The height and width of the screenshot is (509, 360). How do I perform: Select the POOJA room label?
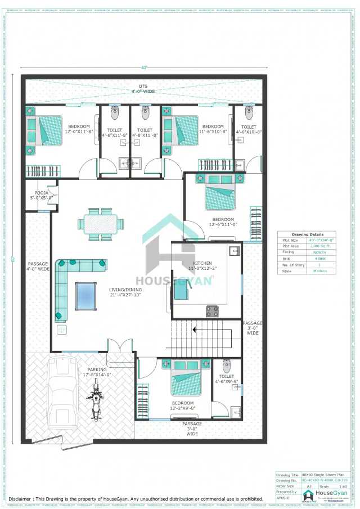coord(41,195)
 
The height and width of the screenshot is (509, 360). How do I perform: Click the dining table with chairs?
coord(101,223)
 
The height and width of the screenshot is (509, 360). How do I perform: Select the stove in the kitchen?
coord(213,310)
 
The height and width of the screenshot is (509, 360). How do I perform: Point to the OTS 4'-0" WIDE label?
coord(143,89)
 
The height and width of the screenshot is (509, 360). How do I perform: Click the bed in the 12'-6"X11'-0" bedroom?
coord(220,192)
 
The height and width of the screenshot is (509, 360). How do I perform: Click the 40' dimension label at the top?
coord(144,68)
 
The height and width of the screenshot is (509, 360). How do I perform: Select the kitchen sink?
coord(235,249)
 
